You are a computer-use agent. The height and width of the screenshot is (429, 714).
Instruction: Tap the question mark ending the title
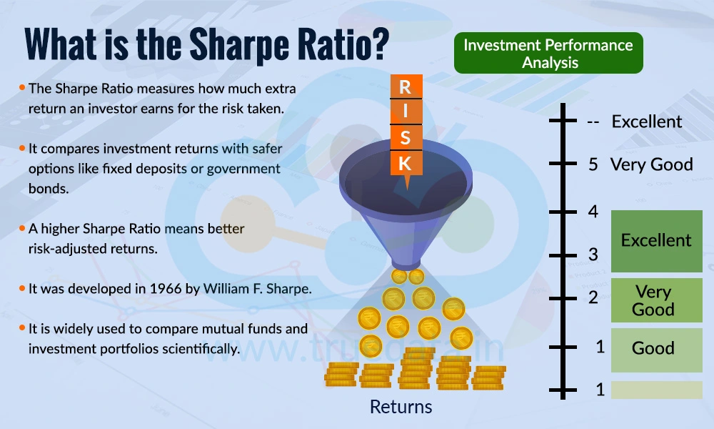click(x=378, y=44)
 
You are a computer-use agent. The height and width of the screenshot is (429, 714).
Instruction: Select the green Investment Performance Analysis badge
click(x=548, y=54)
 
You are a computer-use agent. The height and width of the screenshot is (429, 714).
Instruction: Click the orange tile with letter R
click(x=405, y=88)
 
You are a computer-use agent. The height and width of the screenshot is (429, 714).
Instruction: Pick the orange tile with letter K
click(x=405, y=163)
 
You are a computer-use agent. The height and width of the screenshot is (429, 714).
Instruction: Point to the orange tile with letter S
click(x=405, y=138)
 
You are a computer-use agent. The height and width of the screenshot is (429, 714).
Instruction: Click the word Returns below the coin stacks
click(x=401, y=407)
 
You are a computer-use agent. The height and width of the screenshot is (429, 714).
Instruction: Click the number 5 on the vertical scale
click(x=593, y=164)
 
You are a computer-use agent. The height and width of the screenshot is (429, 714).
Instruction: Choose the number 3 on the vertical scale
click(x=593, y=255)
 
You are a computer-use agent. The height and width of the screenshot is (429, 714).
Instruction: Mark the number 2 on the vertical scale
click(x=593, y=297)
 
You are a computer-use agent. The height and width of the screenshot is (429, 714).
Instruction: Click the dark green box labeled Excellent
click(x=656, y=241)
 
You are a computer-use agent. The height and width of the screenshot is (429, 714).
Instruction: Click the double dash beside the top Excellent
click(x=593, y=122)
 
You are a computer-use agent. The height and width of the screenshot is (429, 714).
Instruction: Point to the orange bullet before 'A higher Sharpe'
click(x=22, y=229)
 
